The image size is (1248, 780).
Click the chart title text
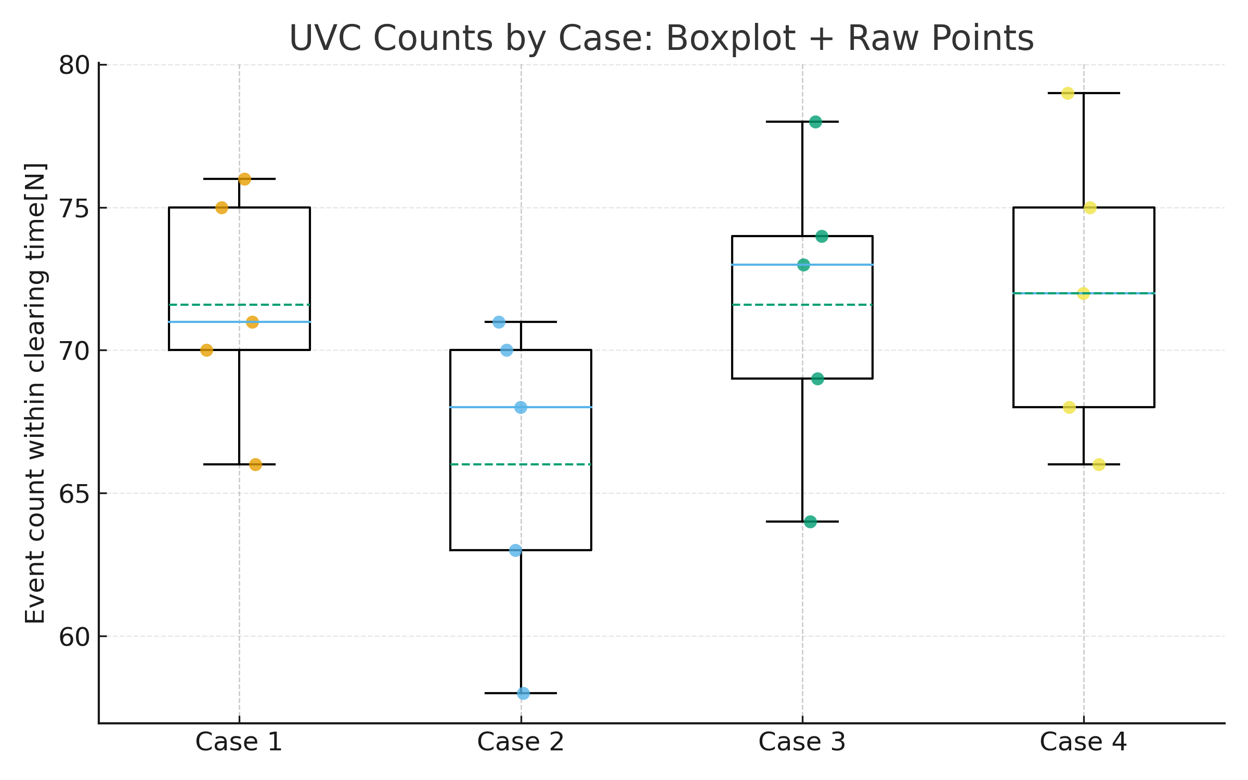click(661, 38)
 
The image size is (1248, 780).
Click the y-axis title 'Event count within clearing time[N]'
click(36, 393)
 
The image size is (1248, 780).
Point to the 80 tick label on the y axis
click(74, 66)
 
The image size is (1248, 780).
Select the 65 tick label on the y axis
click(74, 494)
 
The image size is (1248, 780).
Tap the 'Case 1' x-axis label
click(239, 742)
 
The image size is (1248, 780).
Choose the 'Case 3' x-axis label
click(802, 742)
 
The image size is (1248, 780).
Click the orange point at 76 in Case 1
click(244, 179)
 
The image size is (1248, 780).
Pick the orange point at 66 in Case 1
click(255, 464)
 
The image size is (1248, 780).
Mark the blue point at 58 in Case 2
click(523, 693)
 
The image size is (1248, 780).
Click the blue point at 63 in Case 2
click(515, 550)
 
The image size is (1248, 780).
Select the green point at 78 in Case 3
click(815, 122)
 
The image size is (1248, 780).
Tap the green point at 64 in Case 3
click(810, 522)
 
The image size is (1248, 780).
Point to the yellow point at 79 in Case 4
click(1068, 94)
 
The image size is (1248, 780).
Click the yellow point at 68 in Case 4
click(1069, 407)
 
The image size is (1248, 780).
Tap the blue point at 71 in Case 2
click(499, 322)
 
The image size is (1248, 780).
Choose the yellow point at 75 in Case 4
click(1090, 208)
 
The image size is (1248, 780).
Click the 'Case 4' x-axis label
click(1083, 742)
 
